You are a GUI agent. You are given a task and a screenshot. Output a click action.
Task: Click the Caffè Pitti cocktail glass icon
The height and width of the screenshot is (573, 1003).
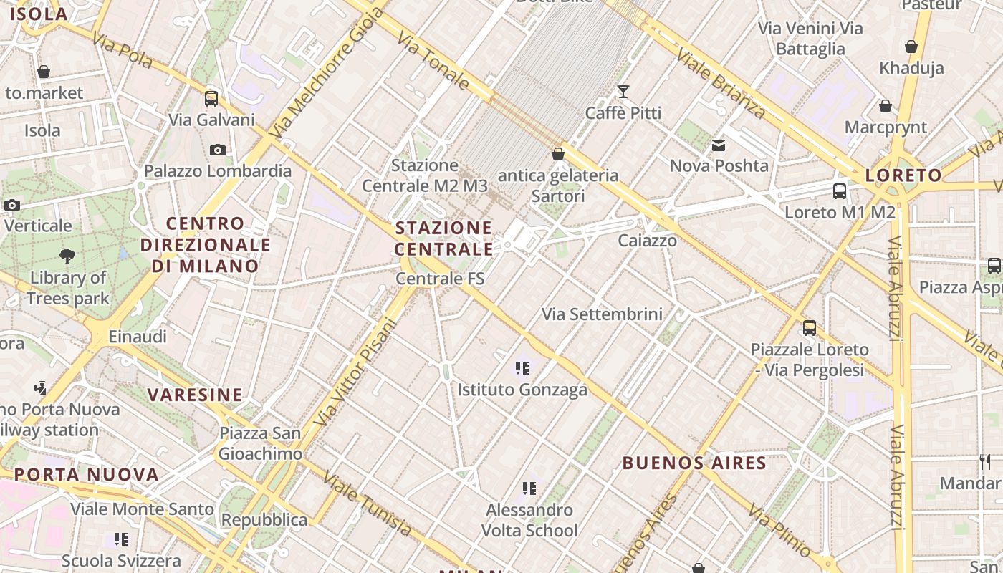click(623, 91)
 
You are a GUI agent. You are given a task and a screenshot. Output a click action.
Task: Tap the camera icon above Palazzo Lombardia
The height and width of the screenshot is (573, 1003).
click(218, 150)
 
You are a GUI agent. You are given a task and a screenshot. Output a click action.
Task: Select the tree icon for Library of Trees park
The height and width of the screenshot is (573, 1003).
click(68, 256)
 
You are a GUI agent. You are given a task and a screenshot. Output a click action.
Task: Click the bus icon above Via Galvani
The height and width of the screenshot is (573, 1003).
click(211, 98)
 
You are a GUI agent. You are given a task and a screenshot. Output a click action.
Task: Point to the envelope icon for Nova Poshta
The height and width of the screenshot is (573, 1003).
click(719, 145)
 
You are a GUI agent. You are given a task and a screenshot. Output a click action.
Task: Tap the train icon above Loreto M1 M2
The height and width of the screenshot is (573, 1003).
click(840, 191)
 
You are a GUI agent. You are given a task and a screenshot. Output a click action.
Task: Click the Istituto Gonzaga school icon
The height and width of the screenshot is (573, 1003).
click(522, 368)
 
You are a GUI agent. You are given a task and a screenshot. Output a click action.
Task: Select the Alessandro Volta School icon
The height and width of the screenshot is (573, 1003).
click(529, 488)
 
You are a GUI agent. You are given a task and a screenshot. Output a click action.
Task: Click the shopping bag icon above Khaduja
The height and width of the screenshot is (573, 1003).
click(911, 47)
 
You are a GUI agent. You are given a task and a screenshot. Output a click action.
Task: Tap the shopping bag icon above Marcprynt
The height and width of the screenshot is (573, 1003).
click(886, 106)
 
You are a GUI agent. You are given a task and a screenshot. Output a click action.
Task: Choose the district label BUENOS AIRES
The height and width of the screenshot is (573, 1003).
click(694, 463)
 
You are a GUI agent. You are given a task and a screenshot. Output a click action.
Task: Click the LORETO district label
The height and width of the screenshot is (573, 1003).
click(903, 175)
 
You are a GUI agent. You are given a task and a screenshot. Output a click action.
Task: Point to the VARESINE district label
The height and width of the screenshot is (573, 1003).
click(195, 395)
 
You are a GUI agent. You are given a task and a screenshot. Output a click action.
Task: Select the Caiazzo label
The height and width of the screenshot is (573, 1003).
click(648, 241)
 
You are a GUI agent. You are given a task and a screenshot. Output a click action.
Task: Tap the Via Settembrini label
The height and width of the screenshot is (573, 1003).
click(602, 314)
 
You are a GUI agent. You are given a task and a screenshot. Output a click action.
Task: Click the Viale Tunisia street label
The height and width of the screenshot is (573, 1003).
click(368, 504)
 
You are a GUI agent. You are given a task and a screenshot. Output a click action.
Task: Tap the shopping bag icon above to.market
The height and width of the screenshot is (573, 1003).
click(44, 72)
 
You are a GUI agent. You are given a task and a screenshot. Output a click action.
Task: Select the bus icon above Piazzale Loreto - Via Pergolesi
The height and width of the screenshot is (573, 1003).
click(810, 328)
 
